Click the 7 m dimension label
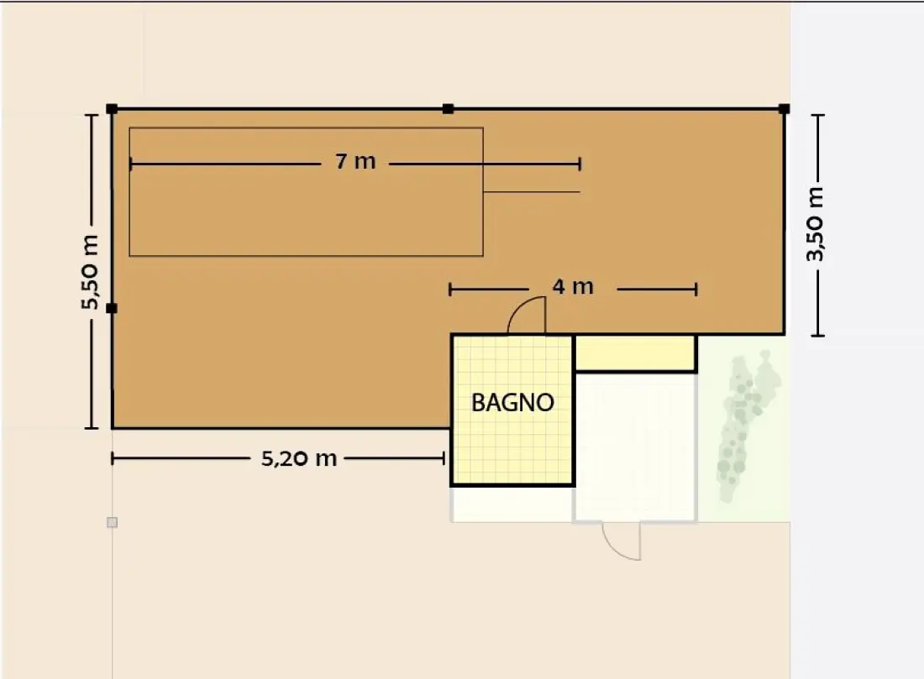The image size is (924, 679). [355, 161]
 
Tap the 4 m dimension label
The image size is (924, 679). [573, 287]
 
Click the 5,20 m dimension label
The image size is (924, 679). [299, 458]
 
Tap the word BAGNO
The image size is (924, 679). [512, 403]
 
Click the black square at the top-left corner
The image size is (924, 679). [112, 109]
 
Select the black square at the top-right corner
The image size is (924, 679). [784, 109]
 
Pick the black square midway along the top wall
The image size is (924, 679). [448, 109]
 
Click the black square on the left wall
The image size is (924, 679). [112, 308]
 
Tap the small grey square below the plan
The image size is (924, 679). [112, 522]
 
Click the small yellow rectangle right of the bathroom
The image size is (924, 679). [635, 353]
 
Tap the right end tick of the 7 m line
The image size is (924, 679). [580, 164]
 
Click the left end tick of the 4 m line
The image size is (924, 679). [450, 290]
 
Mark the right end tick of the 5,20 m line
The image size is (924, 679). [444, 458]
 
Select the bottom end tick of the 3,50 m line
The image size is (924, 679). [817, 336]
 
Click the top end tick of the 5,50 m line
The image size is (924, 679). [92, 116]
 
